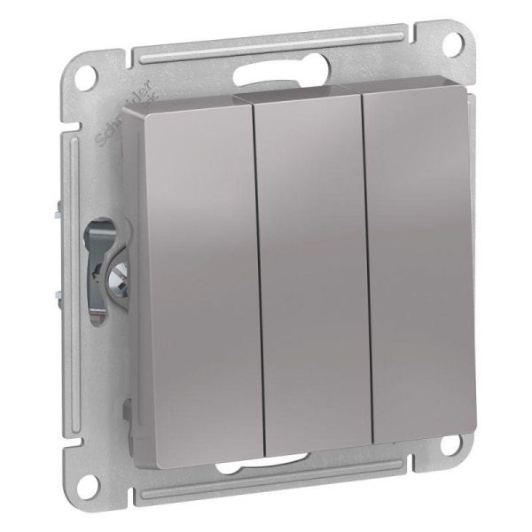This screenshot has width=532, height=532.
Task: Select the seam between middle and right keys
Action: [366, 266]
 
